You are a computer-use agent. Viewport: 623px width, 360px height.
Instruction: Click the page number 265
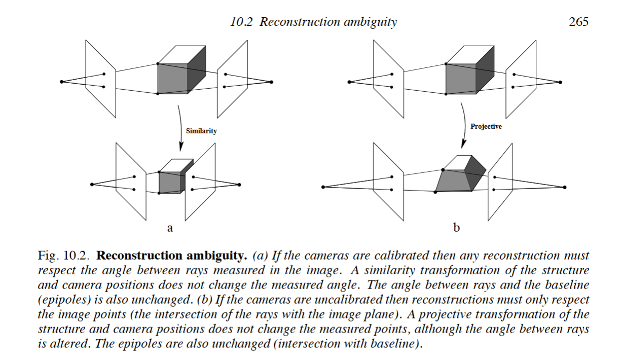(578, 22)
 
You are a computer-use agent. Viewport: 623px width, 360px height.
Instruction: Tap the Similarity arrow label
(201, 131)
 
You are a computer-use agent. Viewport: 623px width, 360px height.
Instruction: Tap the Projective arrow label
(486, 126)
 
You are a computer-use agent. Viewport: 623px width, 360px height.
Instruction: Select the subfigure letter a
(170, 228)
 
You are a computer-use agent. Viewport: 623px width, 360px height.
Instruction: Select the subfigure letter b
(456, 228)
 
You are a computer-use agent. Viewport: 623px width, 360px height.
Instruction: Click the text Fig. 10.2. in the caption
(65, 255)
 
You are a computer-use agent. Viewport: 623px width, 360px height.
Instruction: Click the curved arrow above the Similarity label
(180, 127)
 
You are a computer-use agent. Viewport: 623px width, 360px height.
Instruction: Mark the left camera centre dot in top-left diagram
(61, 82)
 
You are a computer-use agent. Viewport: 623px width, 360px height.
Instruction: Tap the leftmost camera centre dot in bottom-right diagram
(323, 187)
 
